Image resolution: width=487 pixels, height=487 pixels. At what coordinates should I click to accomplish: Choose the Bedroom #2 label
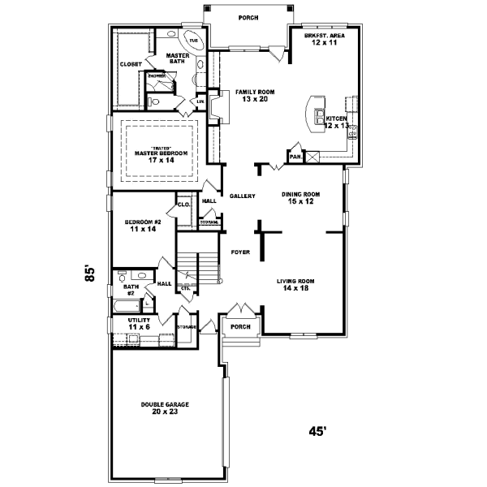point(143,226)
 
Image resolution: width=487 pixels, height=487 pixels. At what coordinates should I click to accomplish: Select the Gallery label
point(243,196)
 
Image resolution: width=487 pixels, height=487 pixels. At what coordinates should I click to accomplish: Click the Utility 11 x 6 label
point(140,324)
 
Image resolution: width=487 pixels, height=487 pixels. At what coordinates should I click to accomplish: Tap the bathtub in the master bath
point(193,40)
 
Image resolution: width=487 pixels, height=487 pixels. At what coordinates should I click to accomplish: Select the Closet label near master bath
point(131,63)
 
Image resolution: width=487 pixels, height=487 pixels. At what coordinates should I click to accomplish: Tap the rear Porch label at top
point(248,17)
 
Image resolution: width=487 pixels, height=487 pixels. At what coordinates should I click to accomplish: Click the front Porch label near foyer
point(240,327)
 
